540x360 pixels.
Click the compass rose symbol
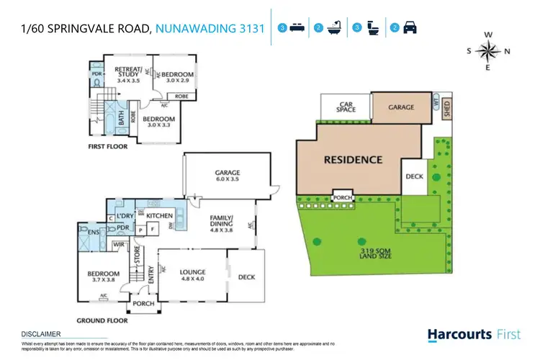click(x=488, y=50)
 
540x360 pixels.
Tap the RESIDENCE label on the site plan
click(x=352, y=159)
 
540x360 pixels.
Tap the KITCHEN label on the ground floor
click(x=159, y=215)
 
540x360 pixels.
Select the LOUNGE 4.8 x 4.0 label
click(x=192, y=274)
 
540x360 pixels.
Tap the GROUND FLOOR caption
click(x=102, y=320)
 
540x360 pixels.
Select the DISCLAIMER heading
click(x=40, y=334)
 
